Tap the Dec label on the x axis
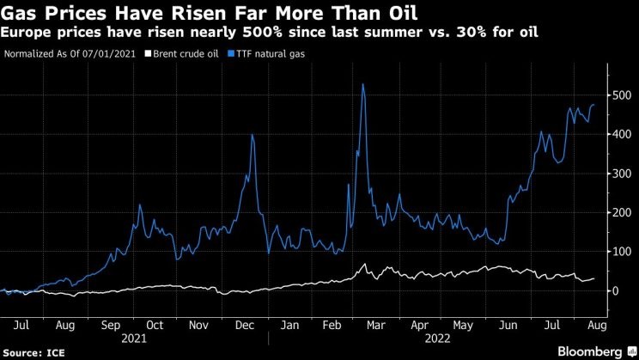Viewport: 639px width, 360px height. (x=243, y=326)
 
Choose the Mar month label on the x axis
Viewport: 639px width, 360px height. (x=374, y=326)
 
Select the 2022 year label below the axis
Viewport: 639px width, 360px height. (x=440, y=339)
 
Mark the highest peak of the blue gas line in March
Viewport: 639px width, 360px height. (x=363, y=84)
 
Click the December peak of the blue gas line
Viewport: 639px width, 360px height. (x=252, y=135)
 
